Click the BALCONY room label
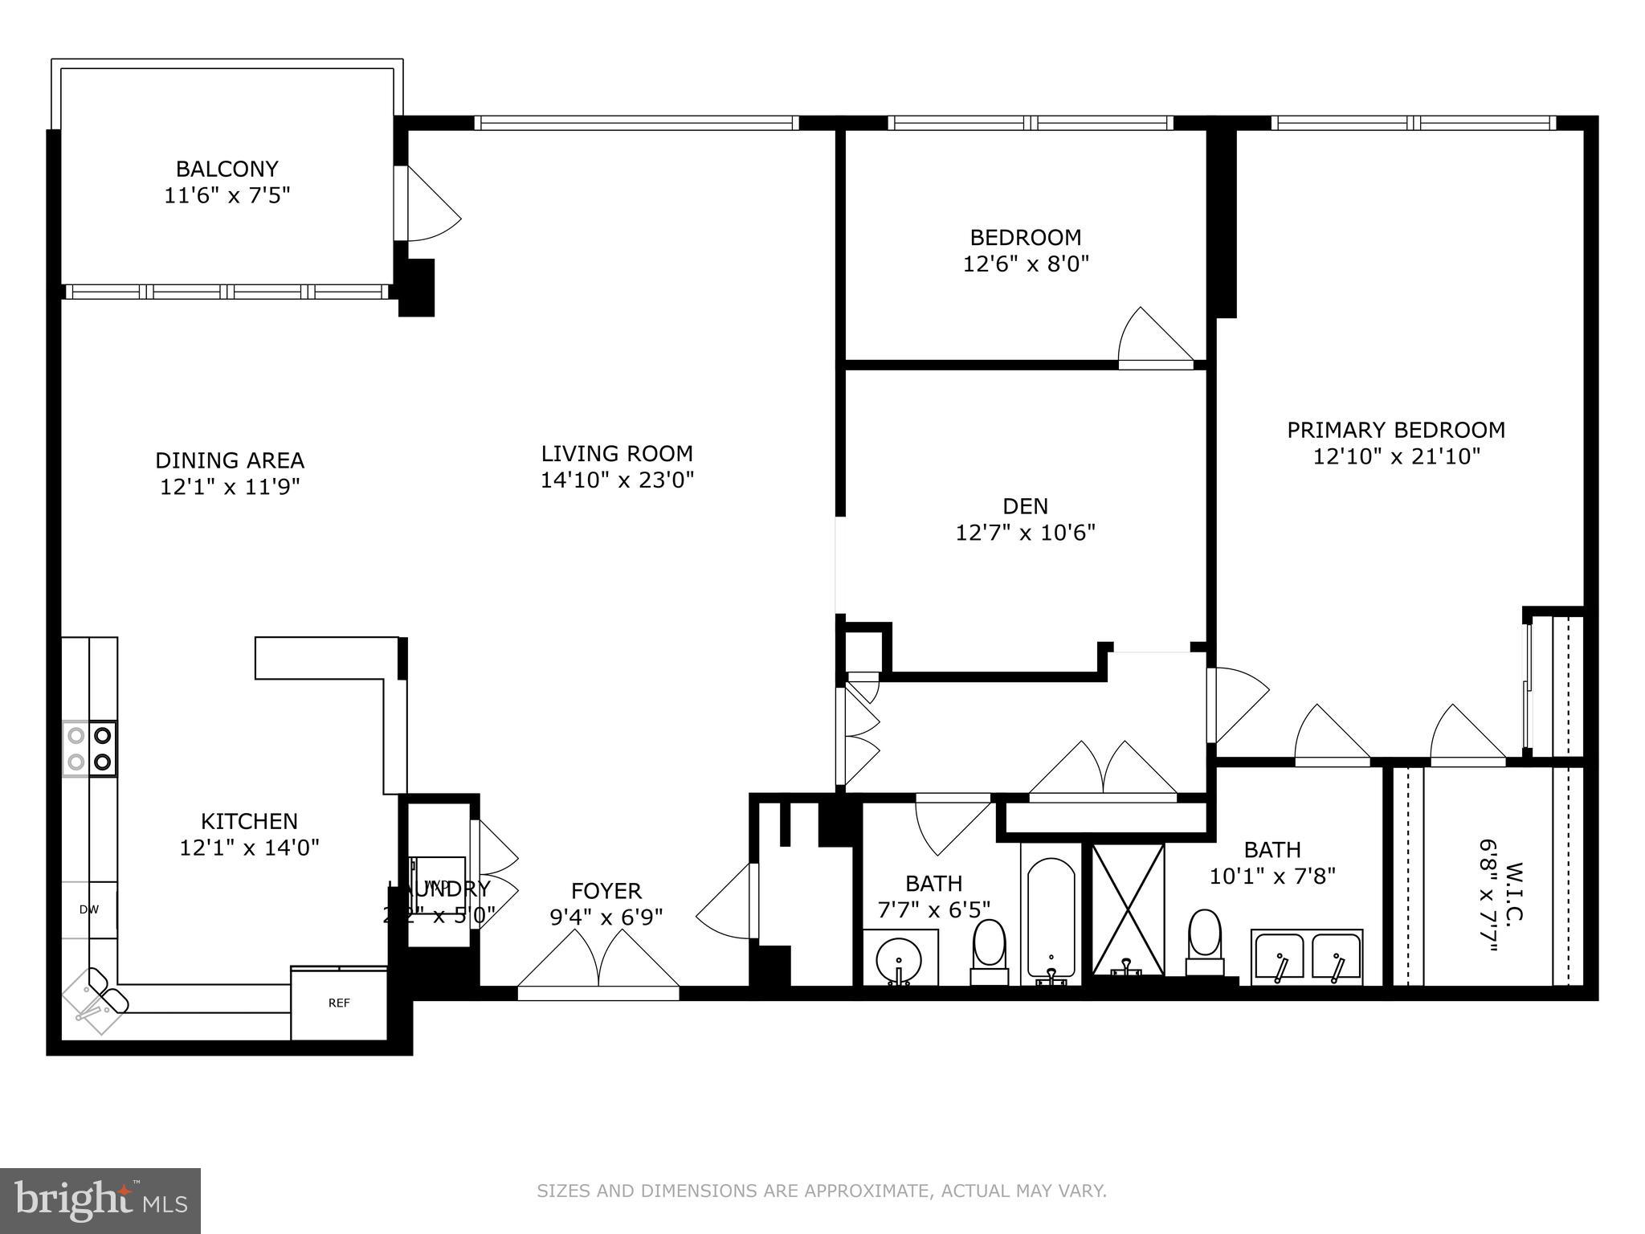227,170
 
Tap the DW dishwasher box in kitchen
89,909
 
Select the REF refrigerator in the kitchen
338,1003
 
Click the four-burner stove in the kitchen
89,748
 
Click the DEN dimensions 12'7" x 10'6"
1025,533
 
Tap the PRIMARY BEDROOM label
1395,430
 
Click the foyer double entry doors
598,964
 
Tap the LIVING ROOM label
616,454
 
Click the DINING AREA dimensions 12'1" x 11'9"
230,487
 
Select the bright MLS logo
100,1200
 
